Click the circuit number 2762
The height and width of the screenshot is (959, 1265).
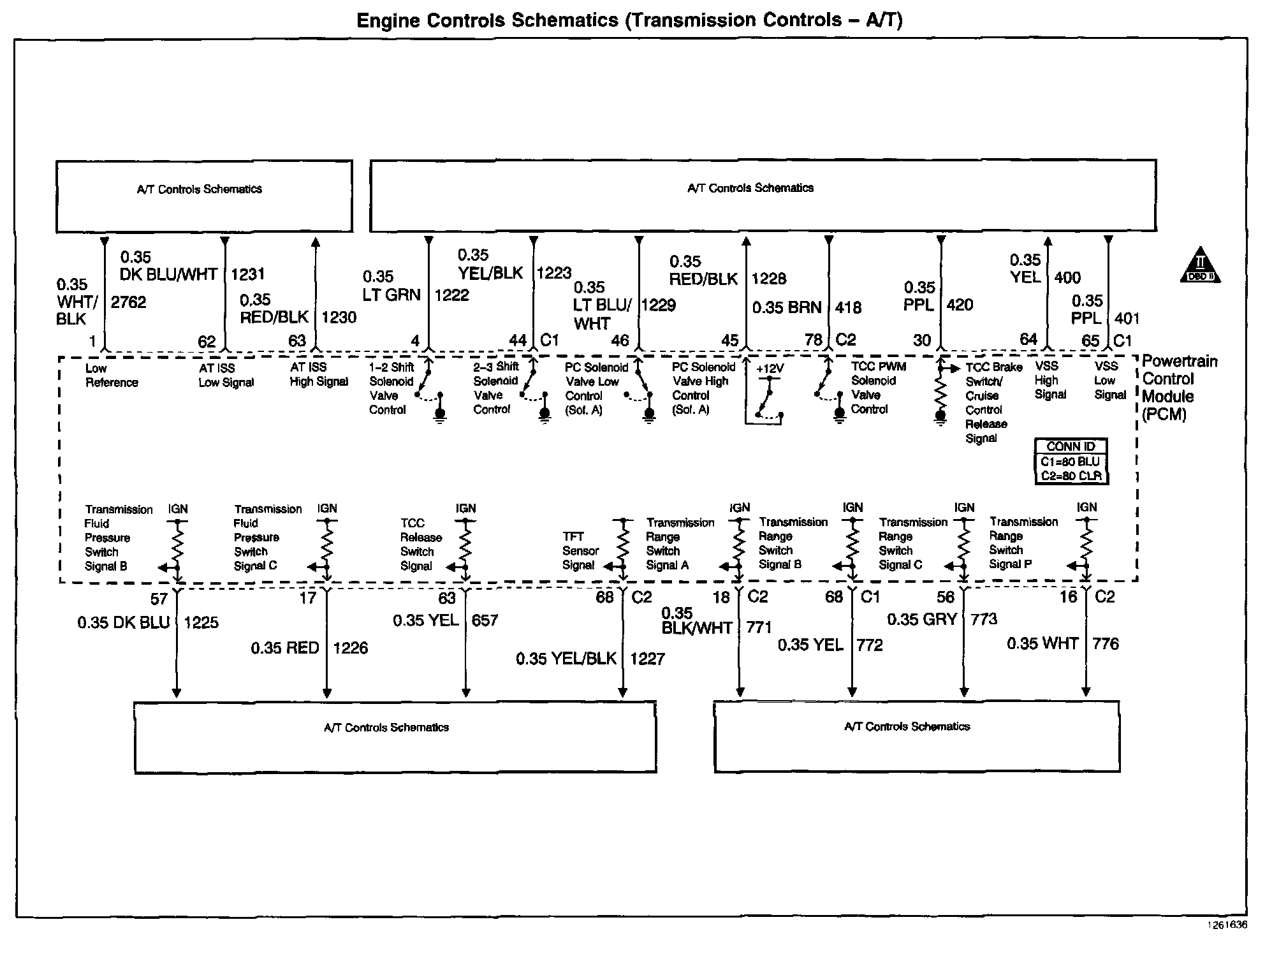click(129, 302)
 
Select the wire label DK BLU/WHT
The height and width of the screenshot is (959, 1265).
click(168, 274)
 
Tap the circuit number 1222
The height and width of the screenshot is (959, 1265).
click(451, 295)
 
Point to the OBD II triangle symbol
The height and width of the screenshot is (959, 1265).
click(1199, 266)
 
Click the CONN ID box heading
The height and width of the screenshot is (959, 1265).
click(1071, 446)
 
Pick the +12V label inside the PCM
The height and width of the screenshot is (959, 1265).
click(770, 369)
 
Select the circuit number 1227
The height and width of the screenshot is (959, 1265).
click(647, 659)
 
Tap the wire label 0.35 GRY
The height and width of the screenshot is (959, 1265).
click(922, 619)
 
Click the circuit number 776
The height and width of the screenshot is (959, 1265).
click(1106, 643)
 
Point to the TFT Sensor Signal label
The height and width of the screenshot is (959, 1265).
click(580, 551)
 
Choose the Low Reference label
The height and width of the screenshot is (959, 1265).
click(111, 376)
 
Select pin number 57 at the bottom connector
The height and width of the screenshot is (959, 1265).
click(159, 599)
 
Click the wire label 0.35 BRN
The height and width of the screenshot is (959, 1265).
click(787, 307)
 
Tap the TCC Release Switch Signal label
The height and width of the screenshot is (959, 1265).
click(420, 545)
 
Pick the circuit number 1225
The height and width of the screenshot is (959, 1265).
click(201, 622)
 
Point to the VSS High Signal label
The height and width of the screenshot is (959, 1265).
click(1050, 381)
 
